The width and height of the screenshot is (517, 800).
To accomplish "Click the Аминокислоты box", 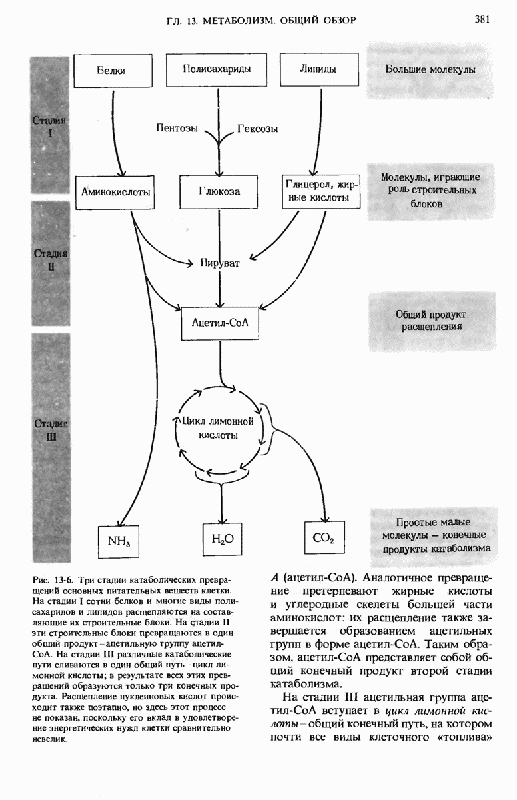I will (x=115, y=191).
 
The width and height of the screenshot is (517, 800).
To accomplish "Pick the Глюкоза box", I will (x=219, y=191).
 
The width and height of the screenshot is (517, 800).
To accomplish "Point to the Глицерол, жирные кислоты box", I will (x=322, y=191).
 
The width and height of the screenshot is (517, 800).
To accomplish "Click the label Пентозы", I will (x=177, y=129).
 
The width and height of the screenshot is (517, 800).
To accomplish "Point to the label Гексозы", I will (x=257, y=129).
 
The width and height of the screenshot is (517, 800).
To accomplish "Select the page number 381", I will (x=482, y=19).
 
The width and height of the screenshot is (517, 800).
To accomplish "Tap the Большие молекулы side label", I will (x=430, y=69).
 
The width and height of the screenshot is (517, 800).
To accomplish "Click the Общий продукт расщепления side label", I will (x=432, y=321).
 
